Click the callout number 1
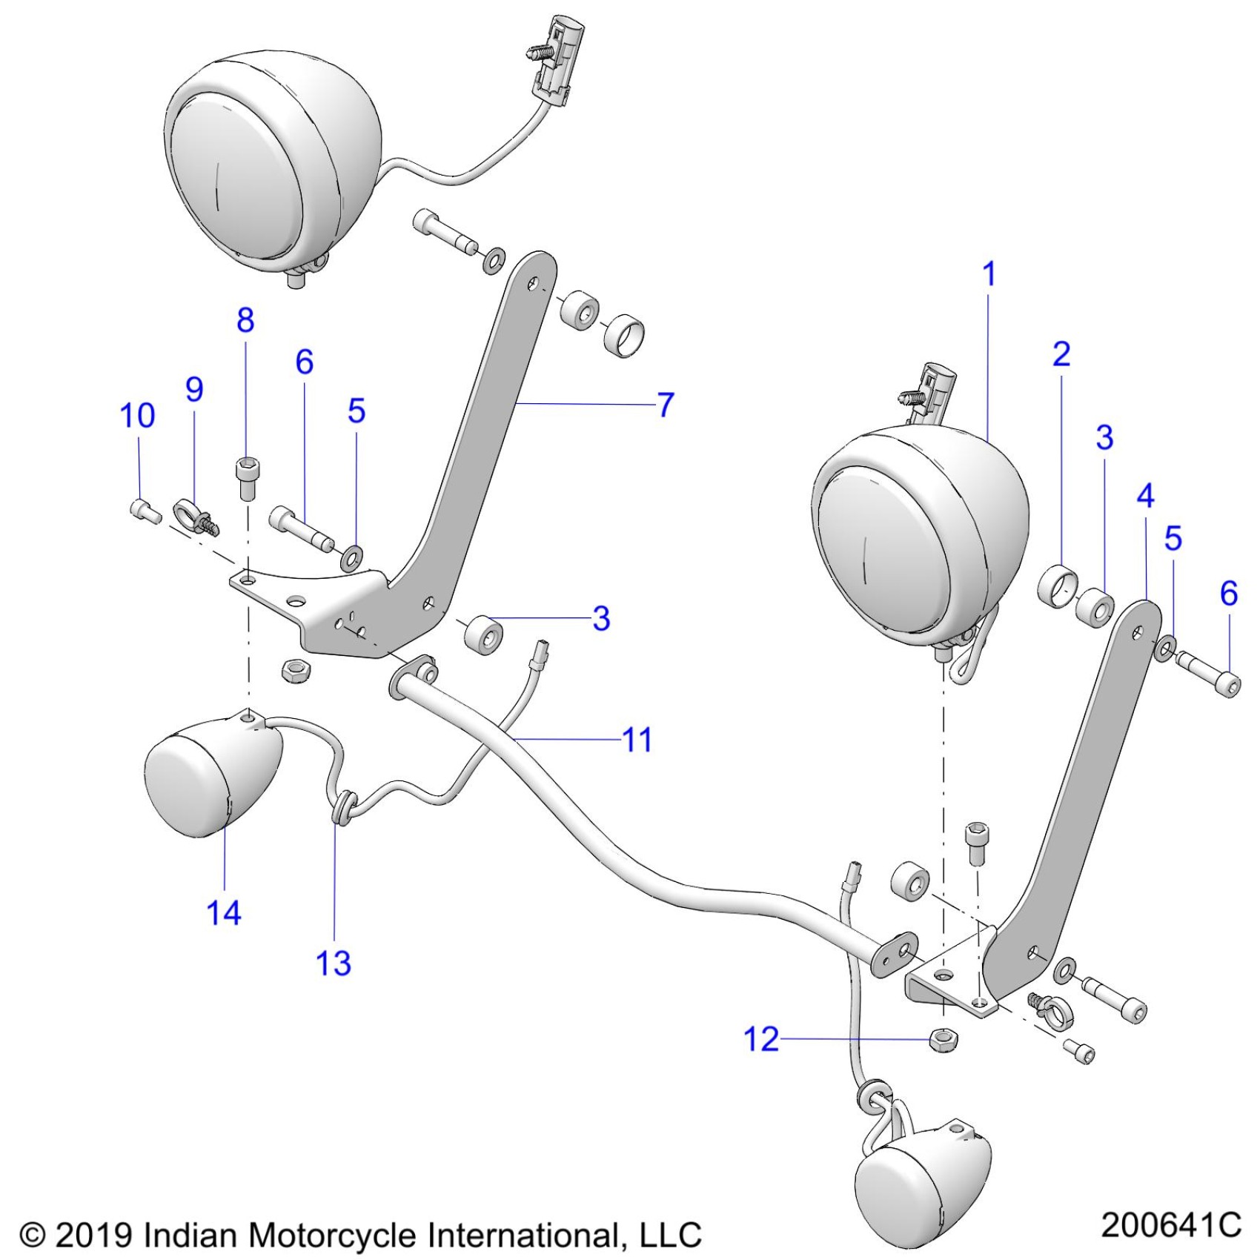click(x=989, y=275)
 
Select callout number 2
click(x=1061, y=354)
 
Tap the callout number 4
click(x=1145, y=496)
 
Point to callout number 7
click(x=666, y=405)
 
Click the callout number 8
click(x=245, y=320)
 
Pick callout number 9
click(x=194, y=389)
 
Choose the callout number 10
click(x=138, y=416)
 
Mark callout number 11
click(x=637, y=740)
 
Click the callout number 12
click(x=761, y=1039)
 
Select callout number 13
click(x=333, y=963)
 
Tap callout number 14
click(x=224, y=912)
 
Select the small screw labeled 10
click(x=145, y=511)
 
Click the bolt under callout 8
click(x=245, y=479)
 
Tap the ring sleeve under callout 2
click(x=1057, y=587)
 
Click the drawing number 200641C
click(x=1170, y=1225)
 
